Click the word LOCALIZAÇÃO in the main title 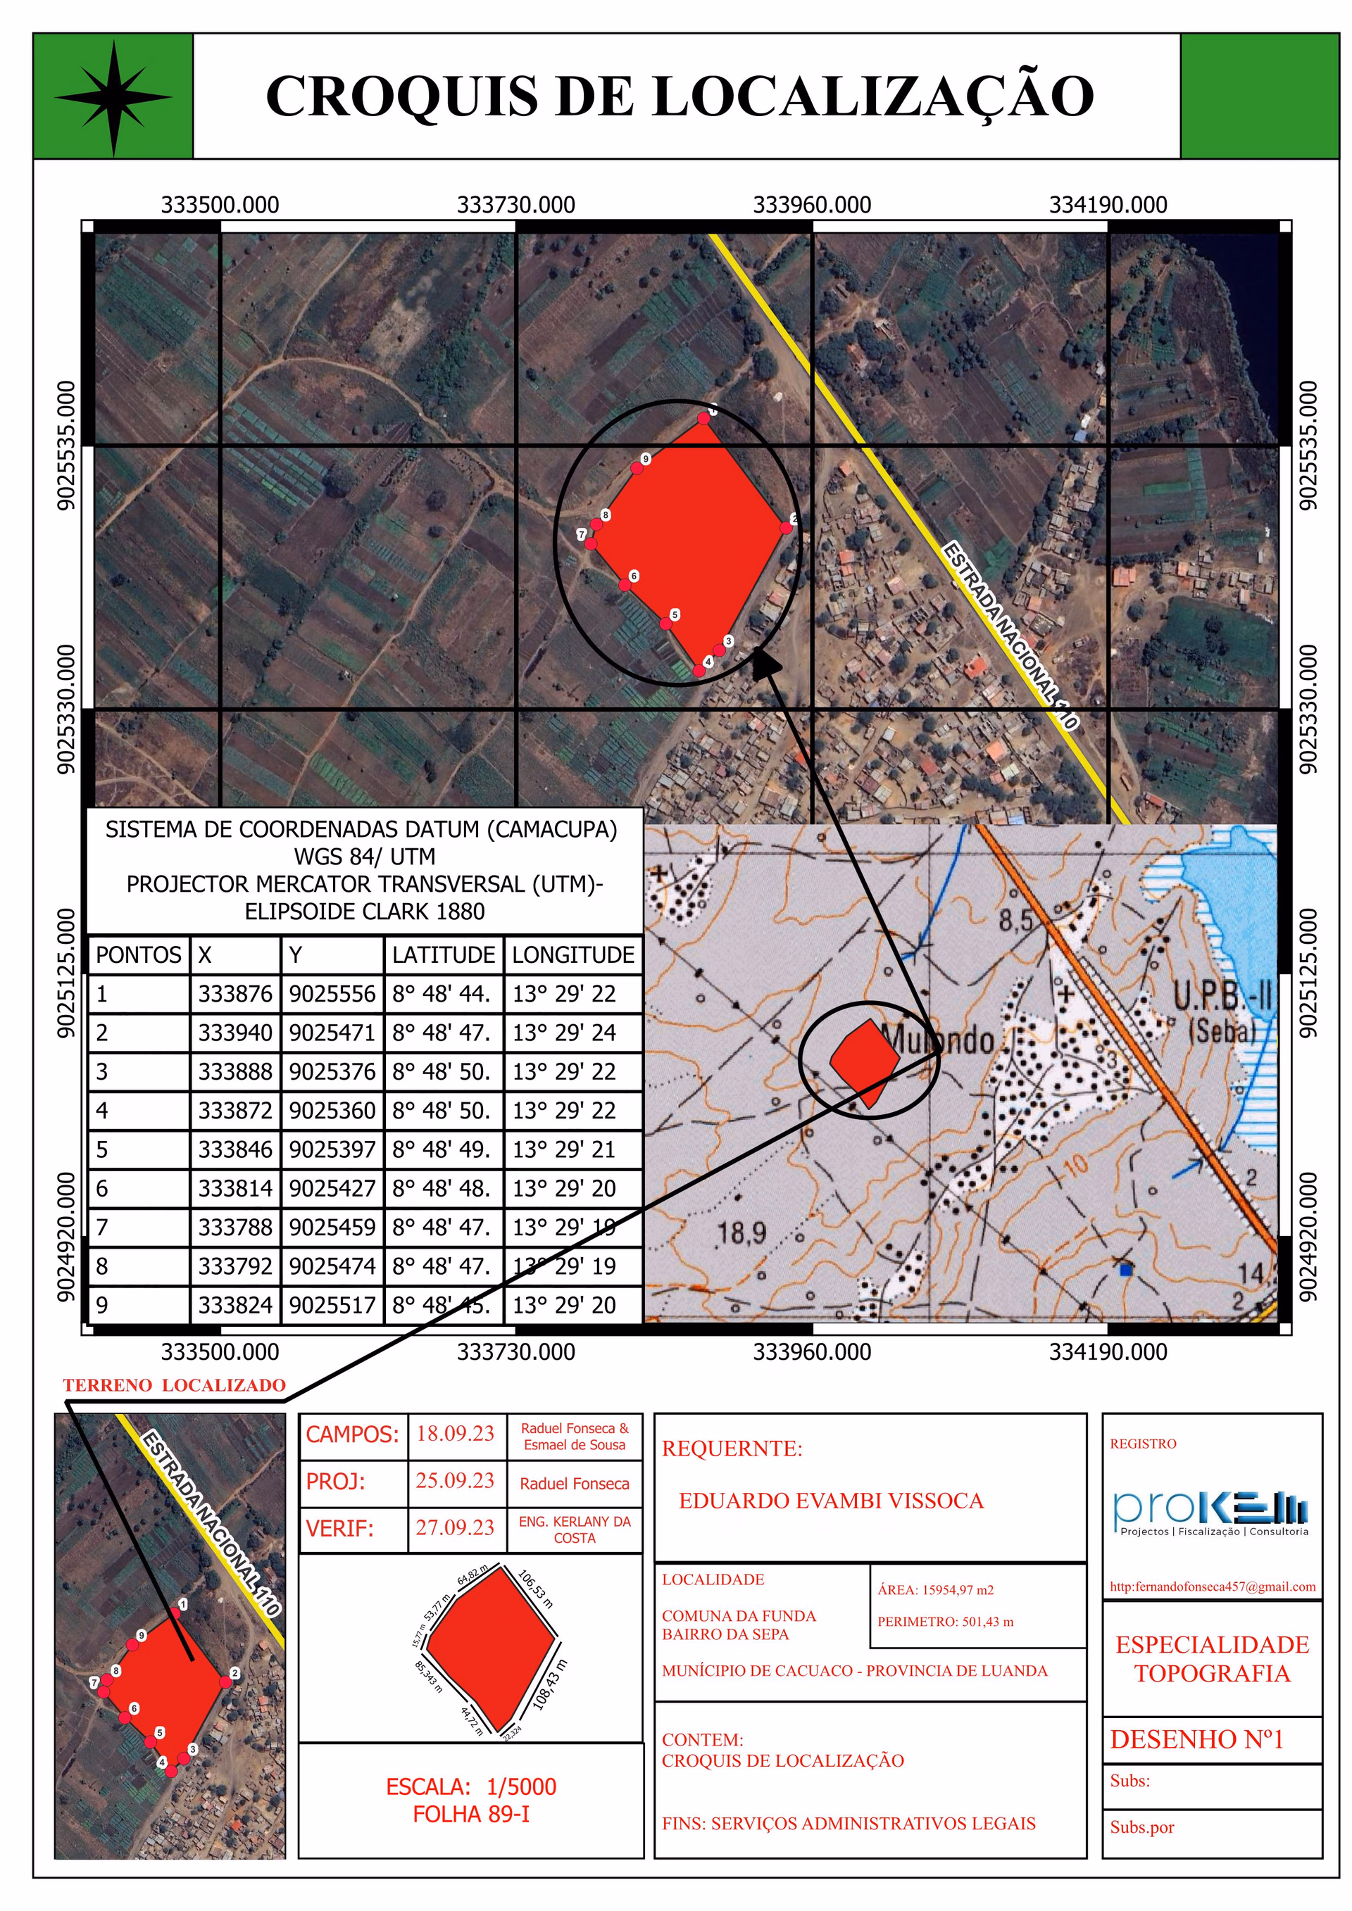click(x=872, y=96)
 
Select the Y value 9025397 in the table click(x=332, y=1149)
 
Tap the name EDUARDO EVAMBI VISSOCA click(x=831, y=1501)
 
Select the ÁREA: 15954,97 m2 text click(x=935, y=1590)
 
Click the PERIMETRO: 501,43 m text click(x=945, y=1621)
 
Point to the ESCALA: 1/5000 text click(x=471, y=1787)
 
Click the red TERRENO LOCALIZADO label click(x=174, y=1385)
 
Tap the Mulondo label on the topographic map click(x=937, y=1040)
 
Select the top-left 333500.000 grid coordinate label click(x=220, y=205)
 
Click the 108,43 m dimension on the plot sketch click(x=549, y=1686)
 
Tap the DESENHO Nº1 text click(x=1196, y=1739)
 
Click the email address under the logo click(x=1212, y=1587)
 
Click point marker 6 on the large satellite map click(x=625, y=584)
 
